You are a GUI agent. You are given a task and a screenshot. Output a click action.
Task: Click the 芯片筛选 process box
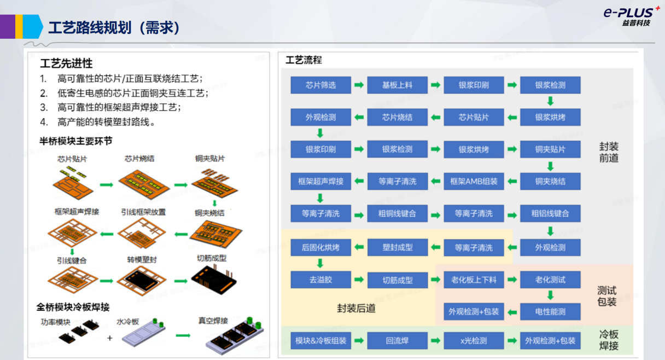(320, 85)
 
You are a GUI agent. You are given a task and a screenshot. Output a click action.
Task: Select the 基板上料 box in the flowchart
(397, 85)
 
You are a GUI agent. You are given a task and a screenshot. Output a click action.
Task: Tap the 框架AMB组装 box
(474, 181)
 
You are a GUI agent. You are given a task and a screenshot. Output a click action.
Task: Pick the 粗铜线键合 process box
(397, 213)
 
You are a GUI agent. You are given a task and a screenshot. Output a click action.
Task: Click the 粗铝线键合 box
(550, 213)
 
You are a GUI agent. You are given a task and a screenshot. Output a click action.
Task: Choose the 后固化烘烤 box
(320, 247)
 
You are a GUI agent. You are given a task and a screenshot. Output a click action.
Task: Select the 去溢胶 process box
(320, 280)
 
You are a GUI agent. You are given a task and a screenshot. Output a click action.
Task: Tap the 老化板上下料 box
(474, 280)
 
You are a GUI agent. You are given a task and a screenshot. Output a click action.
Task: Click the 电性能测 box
(550, 312)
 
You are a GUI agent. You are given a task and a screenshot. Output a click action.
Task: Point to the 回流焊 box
(397, 341)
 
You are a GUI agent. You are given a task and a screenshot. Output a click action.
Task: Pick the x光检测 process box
(474, 341)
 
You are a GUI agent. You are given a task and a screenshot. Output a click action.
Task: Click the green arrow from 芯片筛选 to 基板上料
(359, 85)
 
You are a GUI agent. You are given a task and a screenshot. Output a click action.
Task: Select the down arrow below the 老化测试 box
(550, 295)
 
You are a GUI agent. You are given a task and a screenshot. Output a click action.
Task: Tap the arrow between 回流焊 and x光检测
(435, 341)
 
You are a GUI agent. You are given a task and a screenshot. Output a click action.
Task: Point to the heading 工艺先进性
(66, 63)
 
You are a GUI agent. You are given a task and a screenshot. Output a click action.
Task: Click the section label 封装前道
(609, 152)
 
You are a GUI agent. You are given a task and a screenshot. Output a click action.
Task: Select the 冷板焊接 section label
(609, 339)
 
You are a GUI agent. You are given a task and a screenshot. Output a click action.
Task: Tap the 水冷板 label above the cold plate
(127, 322)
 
